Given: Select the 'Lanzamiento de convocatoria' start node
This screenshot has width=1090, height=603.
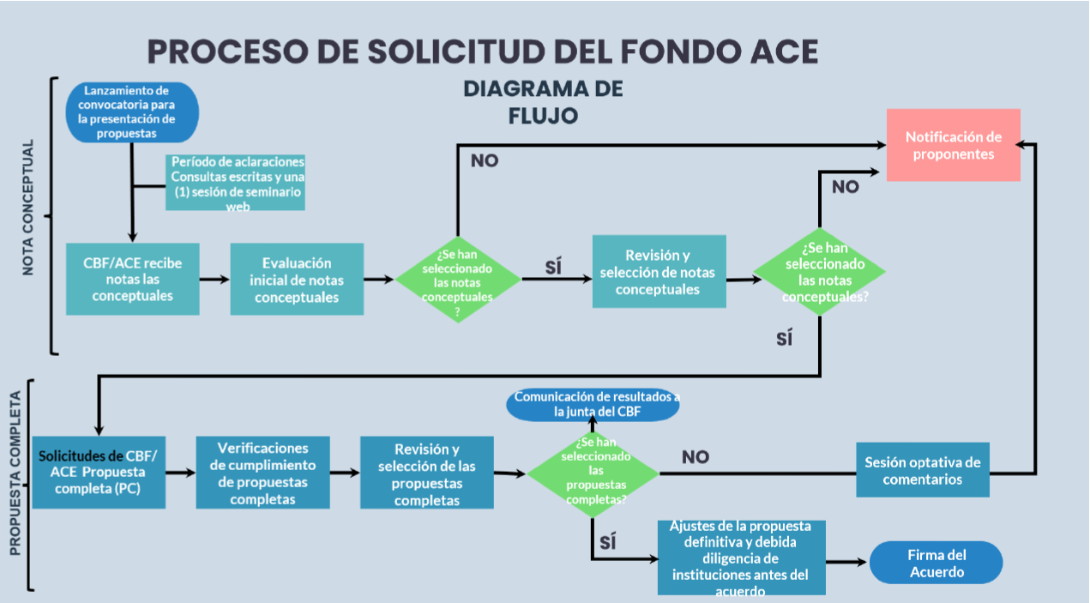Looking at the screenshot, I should [x=131, y=112].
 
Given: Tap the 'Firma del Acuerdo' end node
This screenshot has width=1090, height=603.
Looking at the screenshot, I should [x=936, y=563].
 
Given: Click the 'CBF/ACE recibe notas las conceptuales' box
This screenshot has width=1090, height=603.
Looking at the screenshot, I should [x=132, y=279].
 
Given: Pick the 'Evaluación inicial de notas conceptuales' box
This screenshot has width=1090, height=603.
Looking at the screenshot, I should [x=297, y=279].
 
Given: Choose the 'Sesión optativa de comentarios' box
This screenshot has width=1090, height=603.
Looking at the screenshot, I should [x=923, y=470].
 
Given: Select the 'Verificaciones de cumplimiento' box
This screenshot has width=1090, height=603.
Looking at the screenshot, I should [x=262, y=473].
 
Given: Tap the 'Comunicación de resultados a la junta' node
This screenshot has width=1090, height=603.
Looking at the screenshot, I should [x=593, y=405].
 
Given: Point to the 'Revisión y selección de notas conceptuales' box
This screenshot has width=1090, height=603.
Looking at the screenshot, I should [x=659, y=271].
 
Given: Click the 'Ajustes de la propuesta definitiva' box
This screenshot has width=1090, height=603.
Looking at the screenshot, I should [x=741, y=557].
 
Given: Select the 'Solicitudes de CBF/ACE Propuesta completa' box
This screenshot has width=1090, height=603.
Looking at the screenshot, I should [x=99, y=472].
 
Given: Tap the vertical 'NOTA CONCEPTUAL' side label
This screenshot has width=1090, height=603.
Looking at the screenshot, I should [x=28, y=208].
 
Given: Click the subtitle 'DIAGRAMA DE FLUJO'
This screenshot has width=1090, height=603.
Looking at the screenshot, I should [x=542, y=101].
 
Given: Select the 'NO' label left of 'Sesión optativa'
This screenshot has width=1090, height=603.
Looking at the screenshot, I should [x=696, y=457].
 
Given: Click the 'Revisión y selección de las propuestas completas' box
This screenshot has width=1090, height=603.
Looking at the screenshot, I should [x=427, y=473].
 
